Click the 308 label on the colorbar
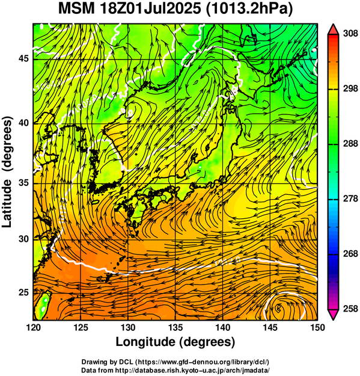click(350, 33)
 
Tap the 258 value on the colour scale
click(350, 309)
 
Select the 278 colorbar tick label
click(350, 199)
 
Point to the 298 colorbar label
click(350, 88)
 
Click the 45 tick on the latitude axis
click(23, 58)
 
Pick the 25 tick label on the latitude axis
click(23, 292)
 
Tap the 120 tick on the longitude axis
click(33, 327)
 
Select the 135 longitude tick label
click(175, 327)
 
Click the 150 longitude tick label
click(317, 327)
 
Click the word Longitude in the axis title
click(146, 342)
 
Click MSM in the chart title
click(76, 9)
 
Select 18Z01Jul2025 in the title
click(150, 9)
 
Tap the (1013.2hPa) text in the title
click(249, 10)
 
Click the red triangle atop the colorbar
click(333, 29)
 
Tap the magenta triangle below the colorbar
click(333, 315)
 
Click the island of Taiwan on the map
click(43, 306)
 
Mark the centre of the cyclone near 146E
click(278, 307)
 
